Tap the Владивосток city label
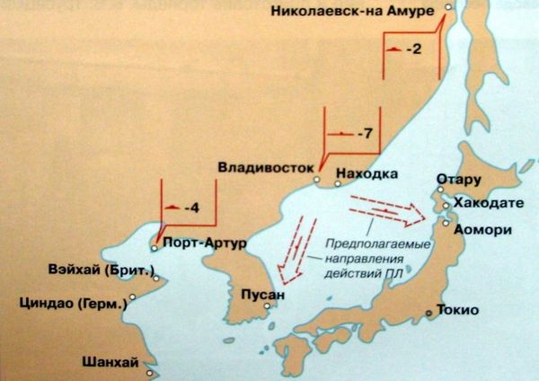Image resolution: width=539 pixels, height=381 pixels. pos(264,167)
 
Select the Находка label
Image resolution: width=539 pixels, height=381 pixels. pos(364,172)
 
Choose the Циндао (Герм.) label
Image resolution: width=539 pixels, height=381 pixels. pos(73,303)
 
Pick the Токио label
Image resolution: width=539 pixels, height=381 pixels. pos(459,311)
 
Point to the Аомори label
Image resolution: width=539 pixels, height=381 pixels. pos(483,229)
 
